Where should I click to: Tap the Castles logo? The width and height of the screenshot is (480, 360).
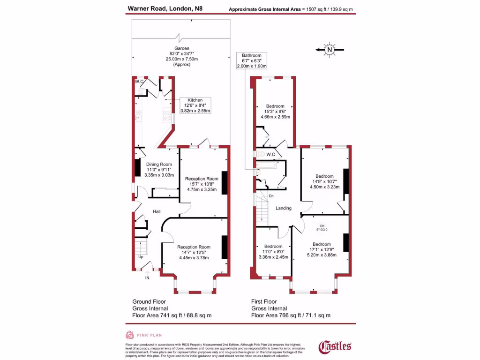pyautogui.click(x=335, y=346)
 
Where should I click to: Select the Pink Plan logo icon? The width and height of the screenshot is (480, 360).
pyautogui.click(x=130, y=335)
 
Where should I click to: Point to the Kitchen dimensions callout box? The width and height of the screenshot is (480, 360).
pyautogui.click(x=195, y=105)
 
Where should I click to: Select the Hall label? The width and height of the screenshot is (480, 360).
pyautogui.click(x=157, y=212)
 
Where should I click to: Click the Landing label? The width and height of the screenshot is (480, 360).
pyautogui.click(x=284, y=208)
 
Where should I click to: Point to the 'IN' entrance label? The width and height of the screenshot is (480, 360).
pyautogui.click(x=147, y=278)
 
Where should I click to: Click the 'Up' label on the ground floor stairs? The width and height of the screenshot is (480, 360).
pyautogui.click(x=141, y=257)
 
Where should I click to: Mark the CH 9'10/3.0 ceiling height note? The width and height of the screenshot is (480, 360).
pyautogui.click(x=322, y=228)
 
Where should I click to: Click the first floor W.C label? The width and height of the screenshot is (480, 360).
pyautogui.click(x=271, y=154)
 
